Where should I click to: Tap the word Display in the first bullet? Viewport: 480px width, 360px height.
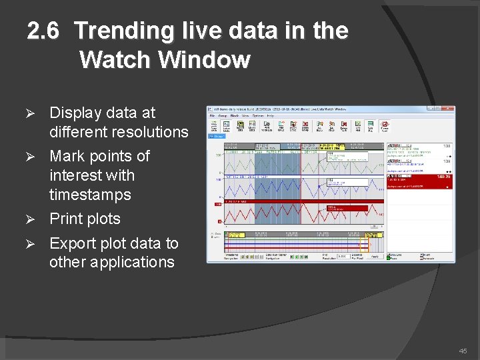click(75, 113)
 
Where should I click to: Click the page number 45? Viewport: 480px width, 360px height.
click(463, 351)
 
